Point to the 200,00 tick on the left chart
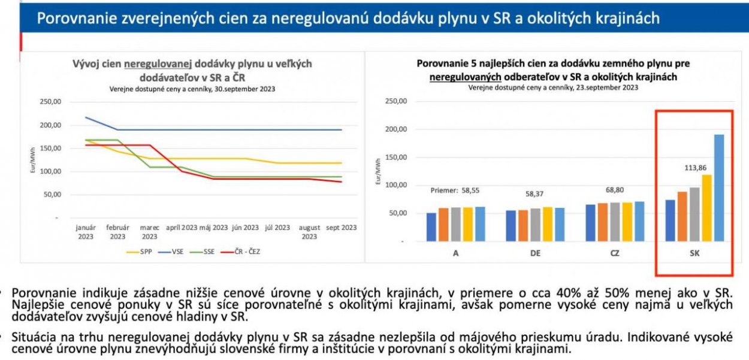50,125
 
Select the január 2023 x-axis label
86,232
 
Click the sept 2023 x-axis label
341,228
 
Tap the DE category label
535,253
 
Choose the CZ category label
614,253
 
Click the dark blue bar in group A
431,226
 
